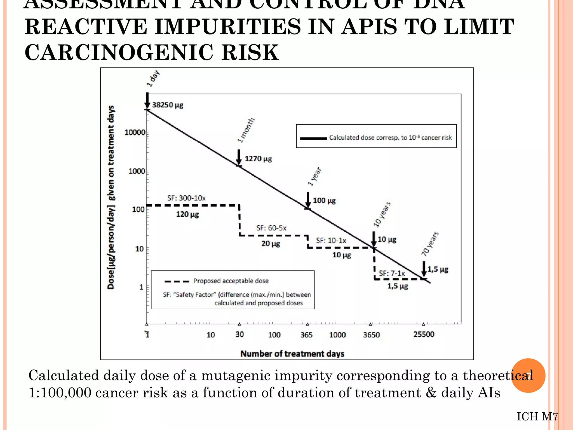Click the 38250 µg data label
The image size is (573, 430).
(x=168, y=105)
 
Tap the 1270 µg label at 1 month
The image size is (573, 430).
(x=258, y=159)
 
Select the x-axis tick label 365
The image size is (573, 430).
(x=306, y=335)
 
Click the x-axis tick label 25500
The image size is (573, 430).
(x=424, y=334)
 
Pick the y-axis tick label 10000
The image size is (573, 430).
(x=135, y=132)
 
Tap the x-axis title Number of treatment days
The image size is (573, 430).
(x=292, y=354)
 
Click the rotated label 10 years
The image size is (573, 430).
(x=382, y=214)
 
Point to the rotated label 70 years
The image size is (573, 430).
(x=430, y=244)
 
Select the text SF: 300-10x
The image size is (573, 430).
(x=186, y=198)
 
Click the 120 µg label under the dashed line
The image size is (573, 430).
(x=187, y=214)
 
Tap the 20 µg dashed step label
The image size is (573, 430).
(x=271, y=244)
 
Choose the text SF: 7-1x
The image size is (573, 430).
(x=392, y=273)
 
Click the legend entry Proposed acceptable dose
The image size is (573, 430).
(x=231, y=281)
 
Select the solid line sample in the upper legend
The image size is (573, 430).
(x=313, y=138)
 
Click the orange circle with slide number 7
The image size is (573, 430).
(x=528, y=375)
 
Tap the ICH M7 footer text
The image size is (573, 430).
(x=537, y=417)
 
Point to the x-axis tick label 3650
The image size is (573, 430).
(x=371, y=335)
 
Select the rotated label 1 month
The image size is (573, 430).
(x=246, y=130)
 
